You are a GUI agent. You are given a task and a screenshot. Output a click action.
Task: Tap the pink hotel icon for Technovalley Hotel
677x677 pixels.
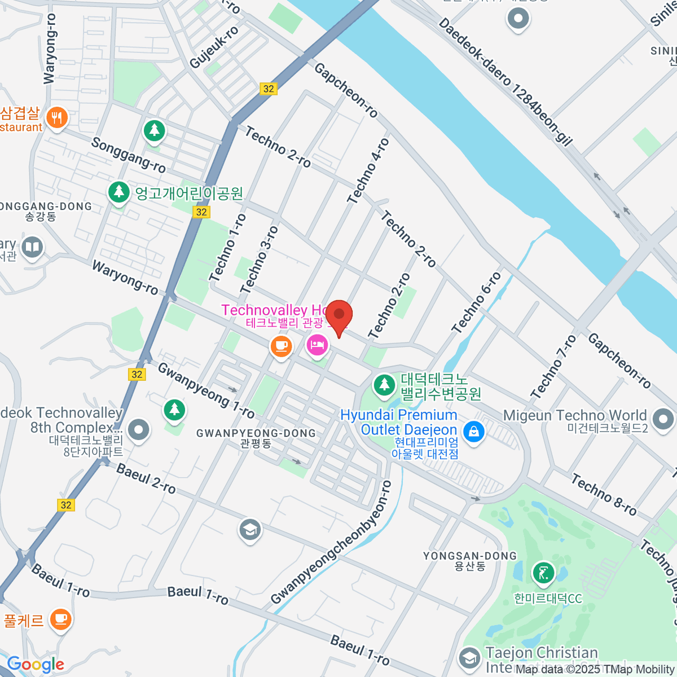[x=317, y=344]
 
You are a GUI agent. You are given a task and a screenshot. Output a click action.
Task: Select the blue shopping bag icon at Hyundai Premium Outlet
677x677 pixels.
[x=473, y=432]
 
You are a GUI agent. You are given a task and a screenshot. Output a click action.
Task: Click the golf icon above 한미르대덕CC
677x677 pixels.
[x=543, y=574]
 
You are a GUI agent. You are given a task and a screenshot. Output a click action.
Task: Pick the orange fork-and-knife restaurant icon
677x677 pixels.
[x=56, y=118]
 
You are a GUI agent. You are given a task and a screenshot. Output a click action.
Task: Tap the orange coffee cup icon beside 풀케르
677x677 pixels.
[x=60, y=619]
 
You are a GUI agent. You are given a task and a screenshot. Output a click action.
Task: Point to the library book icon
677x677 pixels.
[x=32, y=248]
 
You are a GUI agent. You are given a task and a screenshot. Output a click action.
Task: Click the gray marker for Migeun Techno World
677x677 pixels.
[x=662, y=419]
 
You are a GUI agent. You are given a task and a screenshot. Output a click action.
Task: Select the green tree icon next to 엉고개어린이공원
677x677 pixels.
[x=118, y=192]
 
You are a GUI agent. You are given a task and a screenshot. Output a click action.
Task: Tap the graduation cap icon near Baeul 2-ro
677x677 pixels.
[x=249, y=530]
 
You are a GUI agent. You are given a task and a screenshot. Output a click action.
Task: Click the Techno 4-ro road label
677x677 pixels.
[x=368, y=171]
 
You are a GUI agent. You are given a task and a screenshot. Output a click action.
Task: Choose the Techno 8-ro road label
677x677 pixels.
[x=604, y=495]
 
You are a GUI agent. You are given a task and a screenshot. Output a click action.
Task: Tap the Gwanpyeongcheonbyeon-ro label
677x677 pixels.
[x=331, y=542]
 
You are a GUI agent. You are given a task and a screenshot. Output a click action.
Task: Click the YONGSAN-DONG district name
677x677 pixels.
[x=470, y=556]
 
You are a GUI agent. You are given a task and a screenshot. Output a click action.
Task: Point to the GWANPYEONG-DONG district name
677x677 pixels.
[x=256, y=433]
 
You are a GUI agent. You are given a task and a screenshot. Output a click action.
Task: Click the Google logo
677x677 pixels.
[x=36, y=665]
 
